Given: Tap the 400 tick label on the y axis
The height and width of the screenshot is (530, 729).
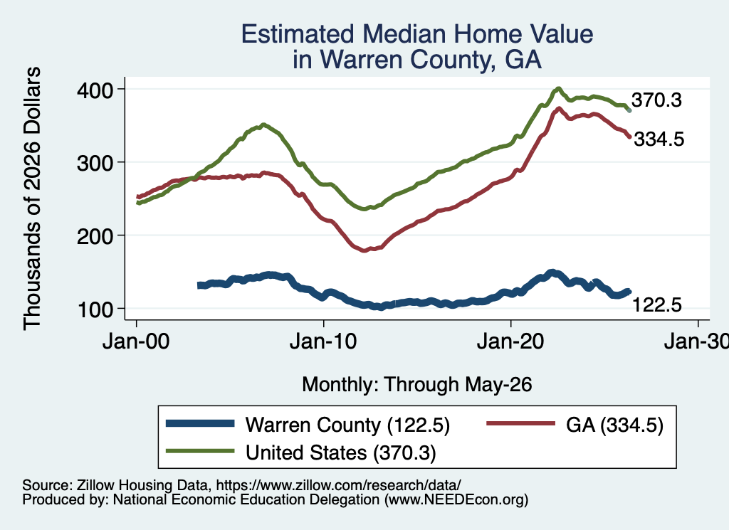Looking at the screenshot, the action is pyautogui.click(x=95, y=90).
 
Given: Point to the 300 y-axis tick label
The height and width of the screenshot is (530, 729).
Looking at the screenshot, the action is pyautogui.click(x=95, y=163).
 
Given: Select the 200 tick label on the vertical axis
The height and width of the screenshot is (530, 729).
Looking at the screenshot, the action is pyautogui.click(x=95, y=236).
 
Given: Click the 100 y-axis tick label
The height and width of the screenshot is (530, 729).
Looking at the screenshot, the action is pyautogui.click(x=95, y=309).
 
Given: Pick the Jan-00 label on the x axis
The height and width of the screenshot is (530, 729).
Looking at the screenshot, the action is pyautogui.click(x=136, y=341).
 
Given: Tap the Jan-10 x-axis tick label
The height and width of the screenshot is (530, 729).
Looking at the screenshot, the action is pyautogui.click(x=323, y=341).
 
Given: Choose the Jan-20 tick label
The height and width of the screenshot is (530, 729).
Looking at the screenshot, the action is pyautogui.click(x=510, y=341).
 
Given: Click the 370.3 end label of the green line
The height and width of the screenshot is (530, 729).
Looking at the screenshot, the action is pyautogui.click(x=656, y=100).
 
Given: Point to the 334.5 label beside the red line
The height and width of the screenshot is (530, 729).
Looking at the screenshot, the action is pyautogui.click(x=659, y=139).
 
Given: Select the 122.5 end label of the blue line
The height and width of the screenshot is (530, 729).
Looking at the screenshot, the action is pyautogui.click(x=657, y=305).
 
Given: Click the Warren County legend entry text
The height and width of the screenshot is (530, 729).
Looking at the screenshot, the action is pyautogui.click(x=347, y=425).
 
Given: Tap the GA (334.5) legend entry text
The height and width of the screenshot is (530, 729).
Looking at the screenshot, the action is pyautogui.click(x=614, y=425).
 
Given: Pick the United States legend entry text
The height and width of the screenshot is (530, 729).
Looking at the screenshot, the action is pyautogui.click(x=341, y=452).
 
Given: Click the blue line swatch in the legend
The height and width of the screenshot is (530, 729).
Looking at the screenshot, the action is pyautogui.click(x=200, y=423).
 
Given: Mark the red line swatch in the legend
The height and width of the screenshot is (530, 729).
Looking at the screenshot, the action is pyautogui.click(x=520, y=423).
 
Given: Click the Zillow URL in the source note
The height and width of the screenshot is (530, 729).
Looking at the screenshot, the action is pyautogui.click(x=338, y=485).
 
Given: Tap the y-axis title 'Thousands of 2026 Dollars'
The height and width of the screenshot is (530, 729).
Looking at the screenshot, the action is pyautogui.click(x=33, y=198).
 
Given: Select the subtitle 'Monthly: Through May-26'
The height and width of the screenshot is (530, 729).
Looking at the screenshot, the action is pyautogui.click(x=417, y=385).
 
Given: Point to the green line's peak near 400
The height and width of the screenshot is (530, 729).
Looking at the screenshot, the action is pyautogui.click(x=558, y=89).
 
